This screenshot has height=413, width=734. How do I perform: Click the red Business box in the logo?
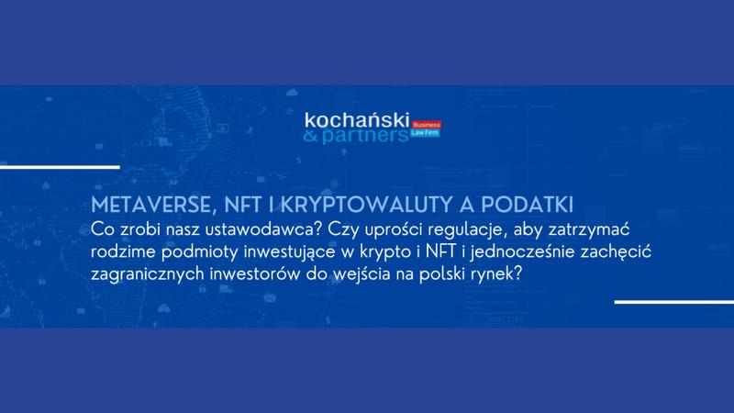(428, 124)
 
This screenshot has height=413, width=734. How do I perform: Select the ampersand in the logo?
(319, 138)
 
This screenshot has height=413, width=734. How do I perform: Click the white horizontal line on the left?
(60, 167)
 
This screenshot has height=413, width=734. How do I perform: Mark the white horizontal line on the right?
(673, 302)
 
